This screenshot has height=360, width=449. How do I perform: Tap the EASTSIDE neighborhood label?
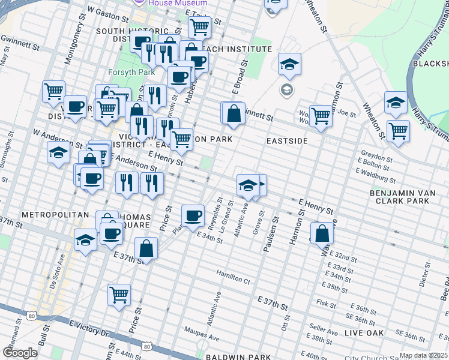(287, 140)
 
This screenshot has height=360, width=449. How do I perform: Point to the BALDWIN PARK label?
(238, 357)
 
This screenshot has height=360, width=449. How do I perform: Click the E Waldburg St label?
(376, 175)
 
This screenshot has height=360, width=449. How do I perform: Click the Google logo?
(20, 353)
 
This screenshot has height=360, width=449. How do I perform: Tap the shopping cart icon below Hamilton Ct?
(119, 295)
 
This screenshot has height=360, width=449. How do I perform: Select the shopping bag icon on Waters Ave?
(322, 233)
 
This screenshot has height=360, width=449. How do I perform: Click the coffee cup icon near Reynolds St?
(193, 215)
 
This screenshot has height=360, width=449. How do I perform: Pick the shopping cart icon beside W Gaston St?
(199, 26)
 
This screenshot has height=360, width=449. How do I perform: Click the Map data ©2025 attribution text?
(423, 355)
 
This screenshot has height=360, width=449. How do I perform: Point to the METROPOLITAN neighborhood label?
(49, 214)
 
